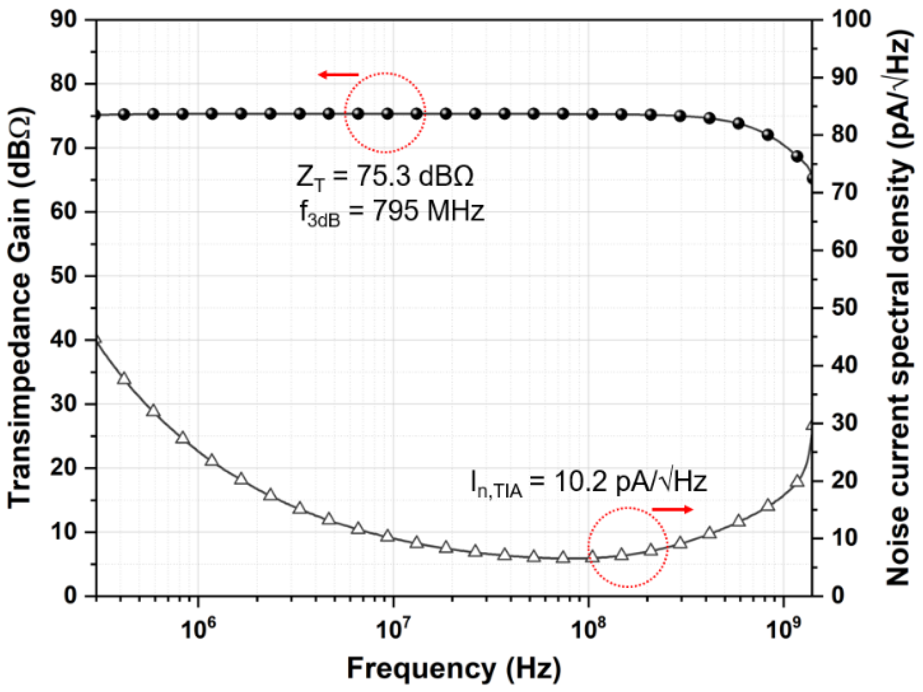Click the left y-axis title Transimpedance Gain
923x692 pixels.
click(20, 307)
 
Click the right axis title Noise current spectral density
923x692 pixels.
click(898, 307)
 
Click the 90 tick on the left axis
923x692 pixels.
click(64, 20)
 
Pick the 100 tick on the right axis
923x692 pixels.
click(851, 20)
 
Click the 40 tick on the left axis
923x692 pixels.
click(64, 340)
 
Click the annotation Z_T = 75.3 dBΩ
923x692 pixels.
click(384, 177)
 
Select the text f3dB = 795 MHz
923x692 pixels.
click(391, 212)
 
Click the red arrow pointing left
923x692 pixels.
click(338, 74)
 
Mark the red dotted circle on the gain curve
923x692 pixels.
click(385, 113)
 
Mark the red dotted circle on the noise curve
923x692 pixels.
click(628, 547)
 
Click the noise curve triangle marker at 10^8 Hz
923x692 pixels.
click(592, 557)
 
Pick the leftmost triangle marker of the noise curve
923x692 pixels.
click(97, 340)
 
